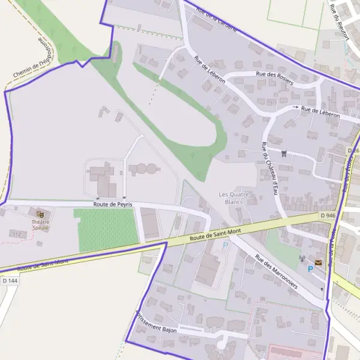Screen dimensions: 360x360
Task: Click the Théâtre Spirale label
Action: pyautogui.click(x=41, y=225)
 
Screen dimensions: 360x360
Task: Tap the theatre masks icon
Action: pyautogui.click(x=40, y=213)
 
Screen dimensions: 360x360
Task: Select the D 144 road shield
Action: pyautogui.click(x=9, y=280)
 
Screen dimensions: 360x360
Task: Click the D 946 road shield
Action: pyautogui.click(x=328, y=215)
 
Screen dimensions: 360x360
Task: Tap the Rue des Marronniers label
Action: pyautogui.click(x=276, y=273)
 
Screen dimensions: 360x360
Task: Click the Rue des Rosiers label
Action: pyautogui.click(x=274, y=78)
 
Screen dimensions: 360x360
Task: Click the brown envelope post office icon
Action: pyautogui.click(x=318, y=262)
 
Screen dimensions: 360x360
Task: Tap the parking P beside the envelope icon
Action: pyautogui.click(x=310, y=269)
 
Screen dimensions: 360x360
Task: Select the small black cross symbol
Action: pyautogui.click(x=322, y=289)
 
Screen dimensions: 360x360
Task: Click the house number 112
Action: pyautogui.click(x=17, y=234)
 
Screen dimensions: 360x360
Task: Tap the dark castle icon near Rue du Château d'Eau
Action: pyautogui.click(x=284, y=154)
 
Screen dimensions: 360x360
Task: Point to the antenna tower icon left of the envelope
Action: pyautogui.click(x=302, y=259)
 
